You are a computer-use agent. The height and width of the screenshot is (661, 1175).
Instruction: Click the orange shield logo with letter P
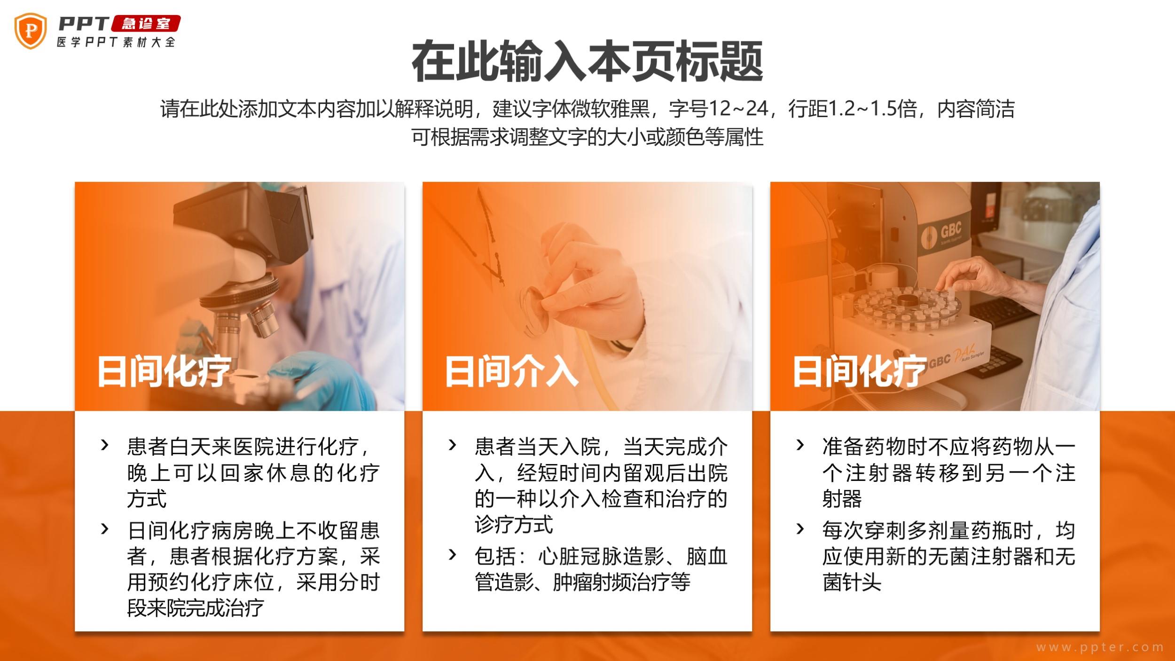click(31, 31)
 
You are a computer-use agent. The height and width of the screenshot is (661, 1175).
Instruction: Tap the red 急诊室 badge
click(146, 24)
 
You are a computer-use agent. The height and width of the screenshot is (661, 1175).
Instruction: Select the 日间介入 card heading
click(511, 371)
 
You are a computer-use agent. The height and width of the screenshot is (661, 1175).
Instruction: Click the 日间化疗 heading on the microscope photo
click(164, 371)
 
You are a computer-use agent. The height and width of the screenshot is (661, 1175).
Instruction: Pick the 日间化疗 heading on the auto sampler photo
click(860, 371)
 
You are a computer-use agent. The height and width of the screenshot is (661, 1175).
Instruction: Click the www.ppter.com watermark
click(1100, 647)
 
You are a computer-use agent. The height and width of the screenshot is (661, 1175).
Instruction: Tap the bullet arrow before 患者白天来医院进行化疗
click(105, 445)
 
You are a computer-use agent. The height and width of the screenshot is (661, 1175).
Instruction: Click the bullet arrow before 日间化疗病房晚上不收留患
click(105, 529)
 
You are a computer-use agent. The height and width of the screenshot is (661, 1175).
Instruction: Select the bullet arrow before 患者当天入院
click(452, 445)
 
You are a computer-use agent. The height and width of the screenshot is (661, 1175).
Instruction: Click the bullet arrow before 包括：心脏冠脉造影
click(452, 555)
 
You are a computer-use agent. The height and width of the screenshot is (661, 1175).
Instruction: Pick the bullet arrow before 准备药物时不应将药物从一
click(800, 445)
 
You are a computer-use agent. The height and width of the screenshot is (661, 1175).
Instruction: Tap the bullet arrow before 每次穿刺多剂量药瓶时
click(800, 529)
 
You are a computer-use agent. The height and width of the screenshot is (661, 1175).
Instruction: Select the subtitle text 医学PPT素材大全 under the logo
click(116, 42)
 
